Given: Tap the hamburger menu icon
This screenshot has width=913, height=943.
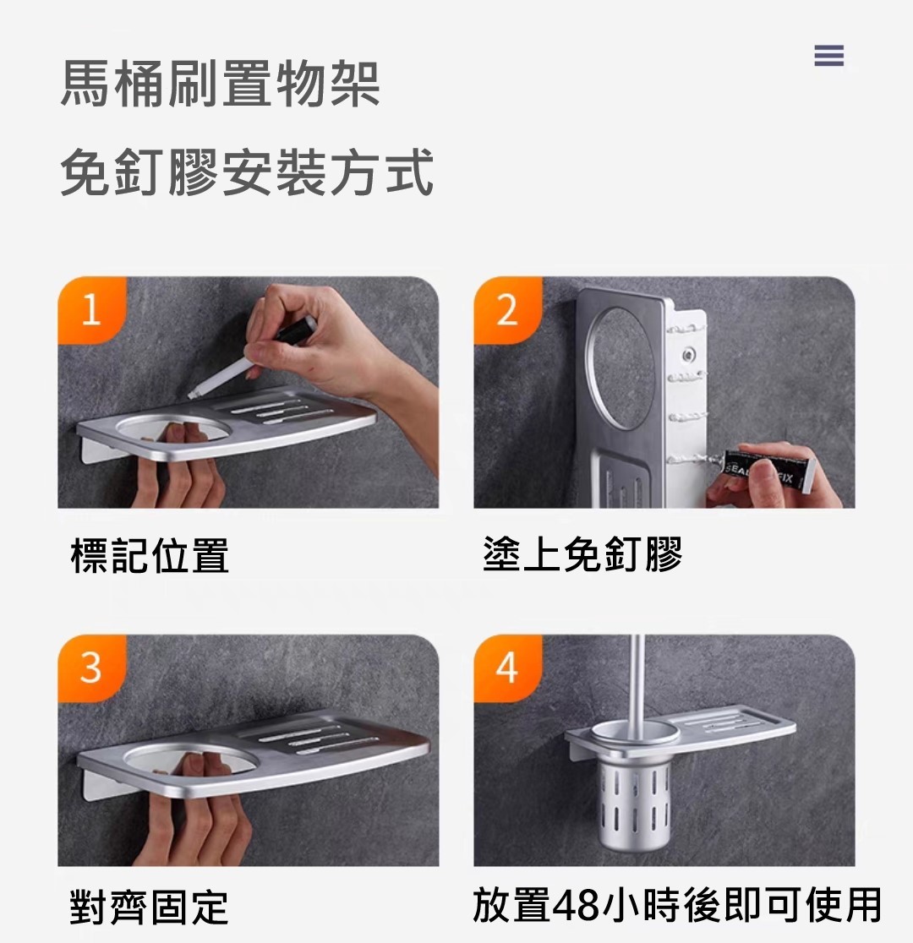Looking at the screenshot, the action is [828, 55].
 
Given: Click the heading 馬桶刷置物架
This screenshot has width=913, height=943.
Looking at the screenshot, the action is [221, 84].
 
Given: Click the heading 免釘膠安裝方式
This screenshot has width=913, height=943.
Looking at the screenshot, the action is [248, 172].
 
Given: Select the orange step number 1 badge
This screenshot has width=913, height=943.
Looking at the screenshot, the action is [91, 310].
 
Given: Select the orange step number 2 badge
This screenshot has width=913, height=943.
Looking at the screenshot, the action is [507, 310].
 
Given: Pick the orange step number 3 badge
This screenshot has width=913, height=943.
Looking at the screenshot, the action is [91, 668].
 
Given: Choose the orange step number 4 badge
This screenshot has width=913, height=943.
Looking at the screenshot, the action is [507, 668].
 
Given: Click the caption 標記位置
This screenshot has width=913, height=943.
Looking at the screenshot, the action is [150, 555].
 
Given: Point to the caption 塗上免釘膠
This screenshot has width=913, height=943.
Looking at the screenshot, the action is [582, 554].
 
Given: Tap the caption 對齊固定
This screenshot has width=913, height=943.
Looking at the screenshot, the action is [150, 908].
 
